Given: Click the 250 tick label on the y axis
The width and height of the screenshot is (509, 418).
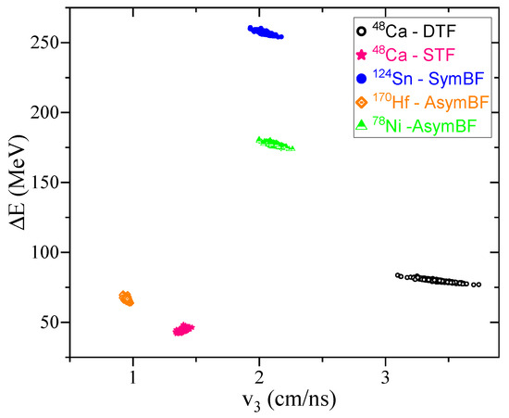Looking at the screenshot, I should pos(48,43).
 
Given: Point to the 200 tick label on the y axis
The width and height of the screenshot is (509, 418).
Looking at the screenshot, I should pos(48,113).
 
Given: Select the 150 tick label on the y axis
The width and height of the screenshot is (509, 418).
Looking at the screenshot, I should pos(48,183).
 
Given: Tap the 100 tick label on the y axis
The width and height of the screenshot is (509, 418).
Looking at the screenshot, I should pos(48,253).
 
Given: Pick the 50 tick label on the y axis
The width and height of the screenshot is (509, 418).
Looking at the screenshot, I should pos(52,323).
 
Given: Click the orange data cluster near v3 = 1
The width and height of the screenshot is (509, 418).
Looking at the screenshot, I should pos(127,298).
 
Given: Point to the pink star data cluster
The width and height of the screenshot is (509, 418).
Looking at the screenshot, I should pos(183,329).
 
